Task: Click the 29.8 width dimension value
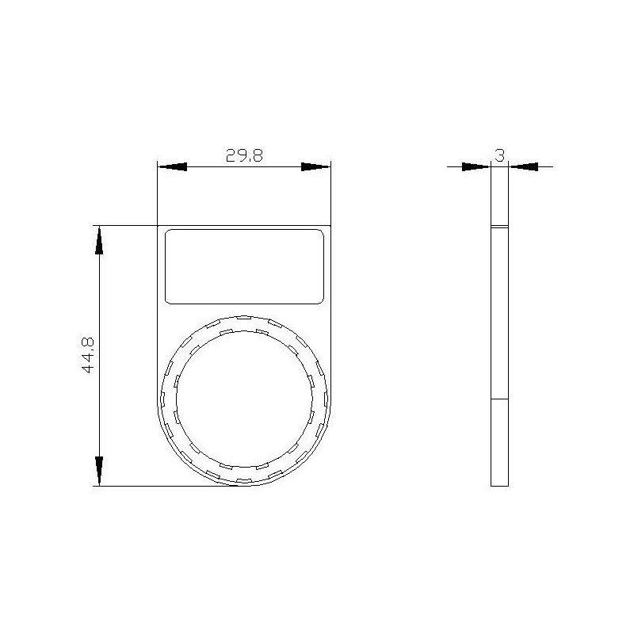(244, 155)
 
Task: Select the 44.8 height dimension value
(88, 354)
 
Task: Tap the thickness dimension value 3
(499, 155)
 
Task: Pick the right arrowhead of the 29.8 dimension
(315, 166)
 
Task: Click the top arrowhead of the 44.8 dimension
(99, 240)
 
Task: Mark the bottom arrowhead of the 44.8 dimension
(99, 471)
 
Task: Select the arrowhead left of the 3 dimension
(476, 166)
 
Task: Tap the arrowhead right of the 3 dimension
(523, 166)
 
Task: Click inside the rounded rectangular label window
(245, 266)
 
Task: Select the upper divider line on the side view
(499, 227)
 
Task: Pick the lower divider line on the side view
(499, 398)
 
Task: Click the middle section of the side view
(499, 313)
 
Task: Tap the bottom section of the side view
(499, 441)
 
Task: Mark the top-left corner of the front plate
(158, 225)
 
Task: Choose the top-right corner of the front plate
(331, 225)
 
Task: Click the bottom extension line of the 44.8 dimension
(158, 486)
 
